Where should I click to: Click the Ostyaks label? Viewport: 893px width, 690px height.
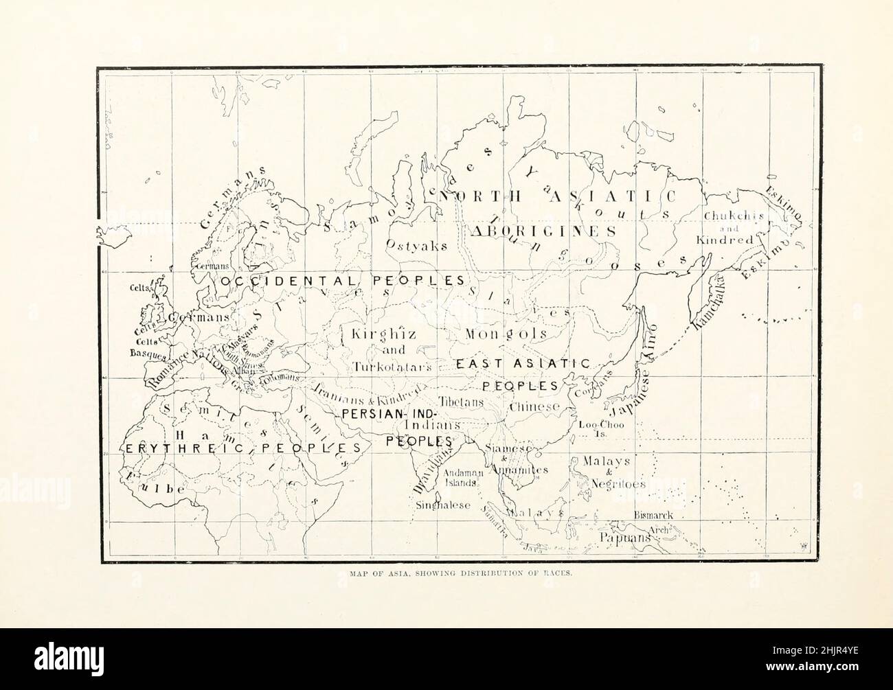pos(417,245)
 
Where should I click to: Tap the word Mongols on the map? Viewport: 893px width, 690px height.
pos(506,334)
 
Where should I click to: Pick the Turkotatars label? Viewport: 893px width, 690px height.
pos(393,367)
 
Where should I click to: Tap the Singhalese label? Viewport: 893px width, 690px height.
pos(443,505)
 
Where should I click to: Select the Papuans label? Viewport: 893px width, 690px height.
pos(624,538)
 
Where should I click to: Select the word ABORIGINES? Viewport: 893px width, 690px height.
pos(543,231)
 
